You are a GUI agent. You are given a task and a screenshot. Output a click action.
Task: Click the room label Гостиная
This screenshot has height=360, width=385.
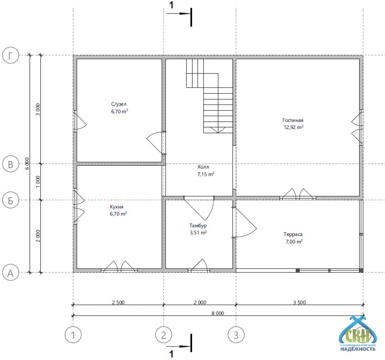click(293, 120)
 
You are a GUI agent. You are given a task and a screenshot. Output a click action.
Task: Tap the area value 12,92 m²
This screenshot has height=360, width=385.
click(294, 127)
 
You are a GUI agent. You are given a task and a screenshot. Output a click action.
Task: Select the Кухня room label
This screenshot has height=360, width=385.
click(117, 207)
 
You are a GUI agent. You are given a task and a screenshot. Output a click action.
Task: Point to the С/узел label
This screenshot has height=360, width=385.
click(119, 104)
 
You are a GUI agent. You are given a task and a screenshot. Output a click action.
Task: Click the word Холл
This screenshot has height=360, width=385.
click(203, 167)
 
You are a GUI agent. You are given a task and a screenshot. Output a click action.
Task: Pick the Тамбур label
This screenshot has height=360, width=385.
click(198, 225)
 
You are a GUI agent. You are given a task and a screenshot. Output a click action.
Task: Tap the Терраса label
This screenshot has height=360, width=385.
click(293, 235)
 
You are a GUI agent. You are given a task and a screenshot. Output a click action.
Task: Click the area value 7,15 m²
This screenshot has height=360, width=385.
click(206, 174)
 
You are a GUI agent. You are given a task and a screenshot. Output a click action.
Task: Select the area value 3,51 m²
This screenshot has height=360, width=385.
click(198, 232)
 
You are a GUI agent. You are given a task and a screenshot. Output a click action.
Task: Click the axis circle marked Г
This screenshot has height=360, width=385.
click(10, 56)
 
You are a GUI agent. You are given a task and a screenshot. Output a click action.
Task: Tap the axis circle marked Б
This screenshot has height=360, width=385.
click(10, 200)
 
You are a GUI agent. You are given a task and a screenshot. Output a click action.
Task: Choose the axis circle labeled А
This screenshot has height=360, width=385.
click(10, 273)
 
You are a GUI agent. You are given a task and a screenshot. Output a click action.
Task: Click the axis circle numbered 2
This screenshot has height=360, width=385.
click(164, 335)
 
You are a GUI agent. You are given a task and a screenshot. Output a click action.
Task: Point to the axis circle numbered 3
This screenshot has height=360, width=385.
click(236, 335)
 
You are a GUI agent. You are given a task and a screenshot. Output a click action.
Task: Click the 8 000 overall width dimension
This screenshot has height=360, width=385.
click(218, 313)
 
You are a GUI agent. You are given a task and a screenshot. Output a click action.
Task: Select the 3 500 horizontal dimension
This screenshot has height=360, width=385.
click(300, 302)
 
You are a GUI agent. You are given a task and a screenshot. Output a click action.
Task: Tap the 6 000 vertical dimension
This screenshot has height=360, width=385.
click(27, 163)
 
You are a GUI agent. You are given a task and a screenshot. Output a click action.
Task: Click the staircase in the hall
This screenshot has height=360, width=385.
click(209, 96)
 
